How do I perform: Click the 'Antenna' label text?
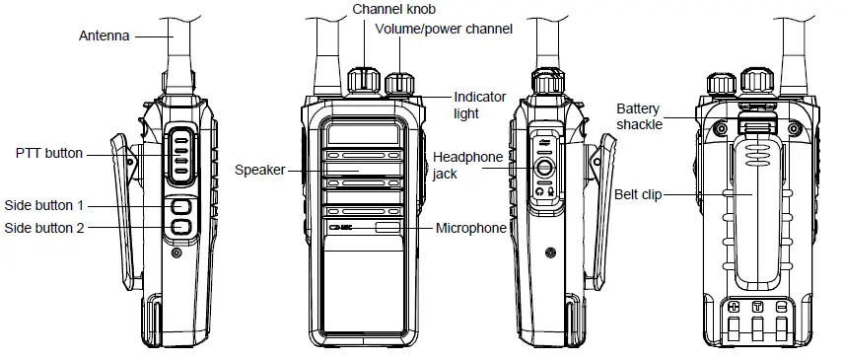(x=105, y=36)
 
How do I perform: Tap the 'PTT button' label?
(x=49, y=154)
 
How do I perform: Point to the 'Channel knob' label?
(x=395, y=9)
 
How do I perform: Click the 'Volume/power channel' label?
(x=452, y=29)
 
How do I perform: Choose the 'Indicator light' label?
(x=479, y=105)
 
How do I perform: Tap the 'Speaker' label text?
(x=258, y=170)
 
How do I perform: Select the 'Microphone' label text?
(x=470, y=228)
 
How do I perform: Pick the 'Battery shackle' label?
(x=640, y=115)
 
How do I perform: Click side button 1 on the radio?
(x=179, y=207)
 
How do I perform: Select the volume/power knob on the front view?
(x=399, y=83)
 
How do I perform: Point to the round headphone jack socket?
(x=544, y=168)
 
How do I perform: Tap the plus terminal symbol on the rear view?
(x=733, y=308)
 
